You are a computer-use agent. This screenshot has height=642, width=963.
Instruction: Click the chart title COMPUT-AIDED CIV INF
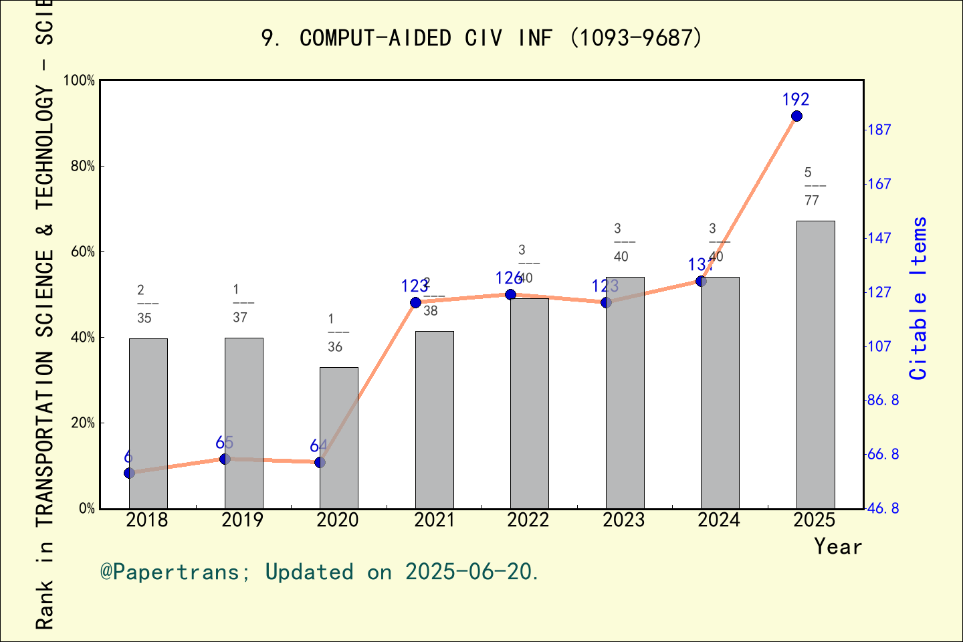pos(481,38)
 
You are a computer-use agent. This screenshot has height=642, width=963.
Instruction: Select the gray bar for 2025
pos(815,364)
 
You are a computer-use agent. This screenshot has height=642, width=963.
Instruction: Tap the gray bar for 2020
pos(338,438)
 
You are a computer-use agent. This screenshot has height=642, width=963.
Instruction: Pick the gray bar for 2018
pos(148,423)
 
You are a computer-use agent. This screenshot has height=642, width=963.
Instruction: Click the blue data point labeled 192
pos(796,116)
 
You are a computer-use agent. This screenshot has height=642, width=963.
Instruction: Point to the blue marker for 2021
pos(415,303)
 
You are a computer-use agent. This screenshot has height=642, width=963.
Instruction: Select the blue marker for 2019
pos(225,459)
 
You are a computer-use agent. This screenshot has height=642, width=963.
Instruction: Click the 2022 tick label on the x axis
pos(528,520)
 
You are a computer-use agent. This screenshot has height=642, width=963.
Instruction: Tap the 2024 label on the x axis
pos(719,520)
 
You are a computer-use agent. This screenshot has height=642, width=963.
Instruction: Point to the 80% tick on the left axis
pos(83,167)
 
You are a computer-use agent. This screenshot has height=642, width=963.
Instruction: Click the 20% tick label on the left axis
pos(83,423)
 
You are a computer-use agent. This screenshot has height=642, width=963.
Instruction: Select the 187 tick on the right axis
pos(879,130)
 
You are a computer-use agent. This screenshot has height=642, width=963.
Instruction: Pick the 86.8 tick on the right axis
pos(883,401)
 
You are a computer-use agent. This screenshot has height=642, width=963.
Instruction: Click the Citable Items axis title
pos(919,298)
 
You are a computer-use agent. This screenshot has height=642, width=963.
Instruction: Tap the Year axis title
pos(837,547)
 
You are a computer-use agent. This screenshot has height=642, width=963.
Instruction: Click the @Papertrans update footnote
pos(320,572)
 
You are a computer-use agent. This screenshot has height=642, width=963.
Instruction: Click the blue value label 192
pos(796,100)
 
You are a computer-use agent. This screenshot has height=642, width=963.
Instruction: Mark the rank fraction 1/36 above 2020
pos(336,333)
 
